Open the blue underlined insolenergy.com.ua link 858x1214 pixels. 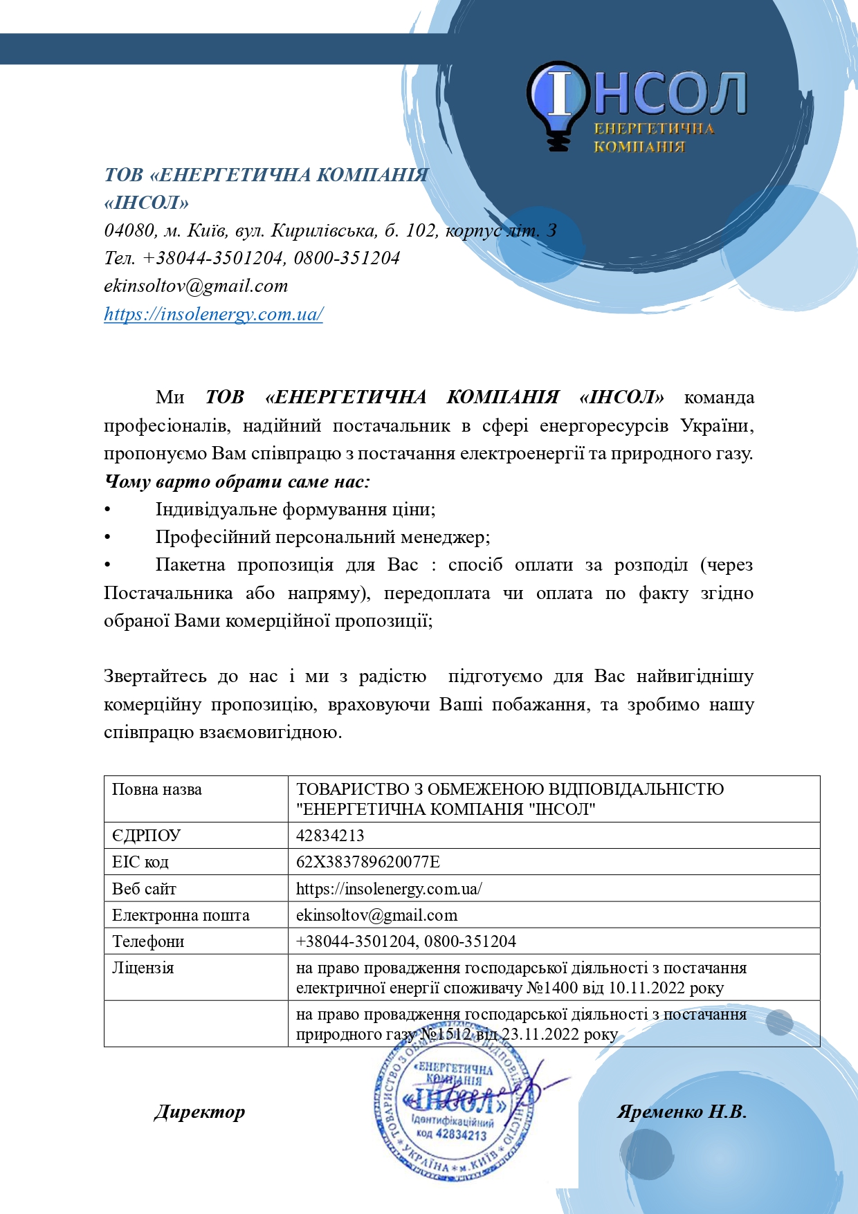tap(213, 314)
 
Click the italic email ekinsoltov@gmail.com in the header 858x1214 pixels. tap(196, 286)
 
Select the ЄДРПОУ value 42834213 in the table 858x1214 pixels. tap(330, 835)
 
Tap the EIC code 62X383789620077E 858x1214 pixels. tap(367, 861)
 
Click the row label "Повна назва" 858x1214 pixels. tap(157, 789)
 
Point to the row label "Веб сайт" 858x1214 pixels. tap(144, 888)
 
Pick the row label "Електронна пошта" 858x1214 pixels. tap(181, 914)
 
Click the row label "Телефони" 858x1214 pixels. tap(148, 941)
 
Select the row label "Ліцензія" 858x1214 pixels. tap(143, 967)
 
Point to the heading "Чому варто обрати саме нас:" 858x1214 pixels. tap(237, 481)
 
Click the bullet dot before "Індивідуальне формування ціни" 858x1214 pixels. tap(107, 510)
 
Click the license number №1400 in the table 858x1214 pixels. tap(551, 987)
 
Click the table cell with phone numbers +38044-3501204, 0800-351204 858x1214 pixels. tap(406, 941)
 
